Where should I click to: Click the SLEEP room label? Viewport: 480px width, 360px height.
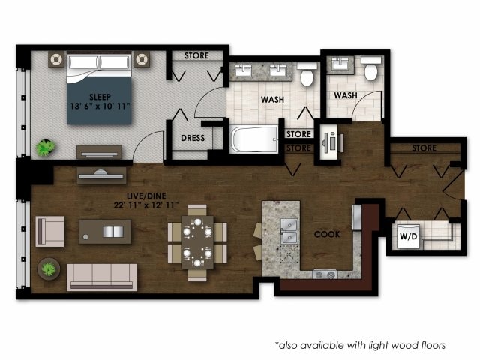pos(100,97)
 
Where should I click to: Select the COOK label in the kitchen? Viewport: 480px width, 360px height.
pos(327,234)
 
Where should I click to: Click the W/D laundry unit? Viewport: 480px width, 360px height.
pos(409,236)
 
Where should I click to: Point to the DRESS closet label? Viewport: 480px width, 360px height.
pos(193,138)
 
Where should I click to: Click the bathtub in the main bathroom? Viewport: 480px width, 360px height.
pos(253,139)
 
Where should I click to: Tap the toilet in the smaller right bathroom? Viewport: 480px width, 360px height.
pos(370,70)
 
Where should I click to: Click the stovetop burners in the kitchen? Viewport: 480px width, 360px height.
pos(325,274)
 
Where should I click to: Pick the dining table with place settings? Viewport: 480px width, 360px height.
pos(197,242)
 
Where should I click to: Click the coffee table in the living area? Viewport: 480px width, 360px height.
pos(105,231)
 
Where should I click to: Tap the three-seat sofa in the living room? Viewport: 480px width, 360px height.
pos(102,276)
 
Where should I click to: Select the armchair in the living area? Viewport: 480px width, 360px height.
pos(49,231)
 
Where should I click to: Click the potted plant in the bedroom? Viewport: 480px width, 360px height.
pos(46,148)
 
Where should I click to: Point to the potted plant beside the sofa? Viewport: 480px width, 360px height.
pos(49,268)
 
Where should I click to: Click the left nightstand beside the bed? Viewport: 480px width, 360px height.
pos(57,58)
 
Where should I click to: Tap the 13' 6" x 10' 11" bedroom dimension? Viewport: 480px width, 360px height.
pos(100,106)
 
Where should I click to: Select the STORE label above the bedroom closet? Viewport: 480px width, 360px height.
pos(197,55)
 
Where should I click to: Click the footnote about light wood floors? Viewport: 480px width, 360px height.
pos(360,345)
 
